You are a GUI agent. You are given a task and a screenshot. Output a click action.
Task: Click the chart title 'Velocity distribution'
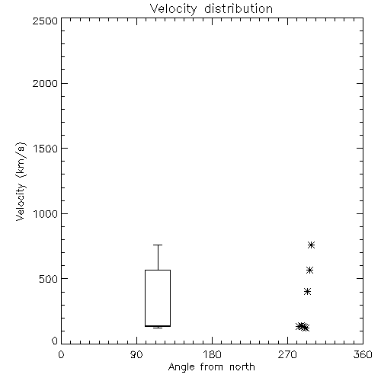[x=211, y=9]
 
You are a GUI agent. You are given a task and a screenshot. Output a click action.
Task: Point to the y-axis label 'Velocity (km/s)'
[x=21, y=181]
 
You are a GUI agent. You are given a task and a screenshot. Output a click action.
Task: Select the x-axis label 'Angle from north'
[x=211, y=367]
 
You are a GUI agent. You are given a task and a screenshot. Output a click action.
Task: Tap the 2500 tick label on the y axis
[x=45, y=21]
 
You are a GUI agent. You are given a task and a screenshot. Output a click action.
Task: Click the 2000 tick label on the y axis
[x=45, y=83]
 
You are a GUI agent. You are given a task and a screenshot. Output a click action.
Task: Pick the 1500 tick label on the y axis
[x=46, y=149]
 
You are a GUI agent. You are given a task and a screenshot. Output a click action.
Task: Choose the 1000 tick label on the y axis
[x=46, y=214]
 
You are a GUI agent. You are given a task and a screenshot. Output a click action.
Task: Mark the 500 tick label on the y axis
[x=49, y=279]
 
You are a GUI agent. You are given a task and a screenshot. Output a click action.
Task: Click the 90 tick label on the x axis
[x=136, y=354]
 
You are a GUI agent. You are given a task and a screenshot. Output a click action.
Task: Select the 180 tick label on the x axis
[x=212, y=354]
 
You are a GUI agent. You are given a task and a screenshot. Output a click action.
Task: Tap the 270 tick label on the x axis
[x=287, y=354]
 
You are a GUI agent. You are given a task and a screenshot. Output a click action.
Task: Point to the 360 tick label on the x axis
[x=363, y=354]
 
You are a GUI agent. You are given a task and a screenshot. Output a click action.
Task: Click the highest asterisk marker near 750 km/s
[x=312, y=245]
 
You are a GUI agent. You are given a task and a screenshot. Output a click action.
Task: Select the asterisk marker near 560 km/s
[x=309, y=270]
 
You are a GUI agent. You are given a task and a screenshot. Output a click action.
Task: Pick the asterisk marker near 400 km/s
[x=308, y=291]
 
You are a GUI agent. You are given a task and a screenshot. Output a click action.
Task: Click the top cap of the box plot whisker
[x=158, y=245]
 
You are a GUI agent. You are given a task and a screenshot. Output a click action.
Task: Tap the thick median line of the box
[x=158, y=326]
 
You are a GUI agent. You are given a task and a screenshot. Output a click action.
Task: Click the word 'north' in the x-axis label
[x=242, y=367]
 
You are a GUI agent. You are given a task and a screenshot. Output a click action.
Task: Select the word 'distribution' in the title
[x=239, y=8]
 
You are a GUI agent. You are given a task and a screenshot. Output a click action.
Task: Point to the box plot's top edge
[x=158, y=270]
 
